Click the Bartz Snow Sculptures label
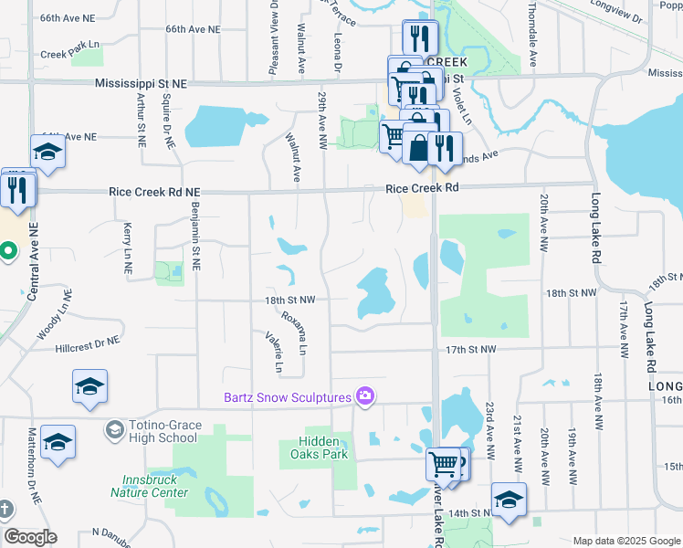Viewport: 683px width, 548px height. (288, 397)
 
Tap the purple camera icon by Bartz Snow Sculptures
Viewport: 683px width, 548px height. (365, 395)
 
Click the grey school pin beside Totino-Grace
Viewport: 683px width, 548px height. (114, 428)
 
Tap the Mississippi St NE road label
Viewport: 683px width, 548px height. (141, 83)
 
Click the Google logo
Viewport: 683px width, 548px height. (30, 537)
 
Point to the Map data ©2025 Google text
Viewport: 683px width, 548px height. (625, 541)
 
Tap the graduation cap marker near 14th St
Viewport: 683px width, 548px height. (509, 499)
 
